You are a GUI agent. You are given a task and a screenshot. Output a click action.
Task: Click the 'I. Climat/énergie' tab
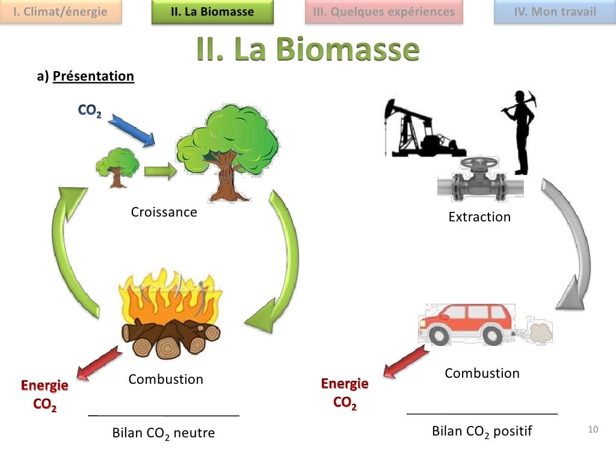pyautogui.click(x=60, y=12)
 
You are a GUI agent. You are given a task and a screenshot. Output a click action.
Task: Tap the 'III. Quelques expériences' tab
pyautogui.click(x=384, y=12)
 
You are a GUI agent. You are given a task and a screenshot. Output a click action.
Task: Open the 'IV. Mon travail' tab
pyautogui.click(x=555, y=12)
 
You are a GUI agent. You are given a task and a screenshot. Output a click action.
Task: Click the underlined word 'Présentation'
pyautogui.click(x=93, y=76)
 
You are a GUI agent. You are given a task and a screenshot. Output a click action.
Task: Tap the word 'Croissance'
pyautogui.click(x=164, y=212)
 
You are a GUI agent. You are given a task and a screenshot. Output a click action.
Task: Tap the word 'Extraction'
pyautogui.click(x=479, y=217)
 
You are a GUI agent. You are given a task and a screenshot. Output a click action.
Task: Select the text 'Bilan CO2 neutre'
pyautogui.click(x=164, y=433)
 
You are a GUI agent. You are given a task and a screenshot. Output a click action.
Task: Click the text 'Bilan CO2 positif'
pyautogui.click(x=482, y=431)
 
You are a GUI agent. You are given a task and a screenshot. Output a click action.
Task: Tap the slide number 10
pyautogui.click(x=593, y=430)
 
